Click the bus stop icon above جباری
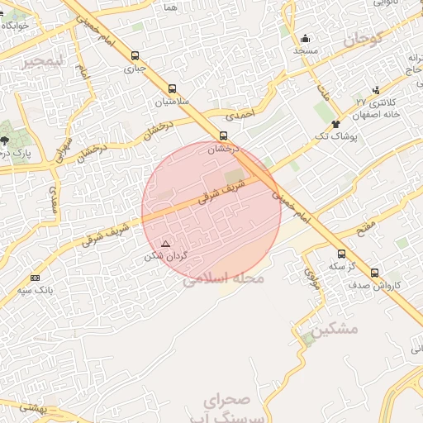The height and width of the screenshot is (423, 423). click(x=135, y=56)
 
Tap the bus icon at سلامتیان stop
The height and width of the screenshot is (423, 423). click(x=172, y=88)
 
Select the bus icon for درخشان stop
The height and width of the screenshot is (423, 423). click(x=223, y=135)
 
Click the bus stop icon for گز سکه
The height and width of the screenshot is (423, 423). click(x=341, y=254)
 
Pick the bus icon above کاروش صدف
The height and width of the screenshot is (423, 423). click(x=374, y=273)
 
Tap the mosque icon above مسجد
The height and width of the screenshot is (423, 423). click(x=305, y=38)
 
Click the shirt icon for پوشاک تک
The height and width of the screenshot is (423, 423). click(x=335, y=124)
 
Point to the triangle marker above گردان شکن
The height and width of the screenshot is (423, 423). click(x=165, y=244)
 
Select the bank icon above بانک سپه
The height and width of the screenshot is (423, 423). click(x=35, y=278)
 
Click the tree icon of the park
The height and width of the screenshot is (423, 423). click(x=6, y=140)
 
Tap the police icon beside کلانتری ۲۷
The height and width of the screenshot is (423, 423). click(x=377, y=90)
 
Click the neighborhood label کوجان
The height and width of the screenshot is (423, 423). click(x=364, y=38)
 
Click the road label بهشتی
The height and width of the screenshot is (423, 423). click(x=33, y=407)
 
